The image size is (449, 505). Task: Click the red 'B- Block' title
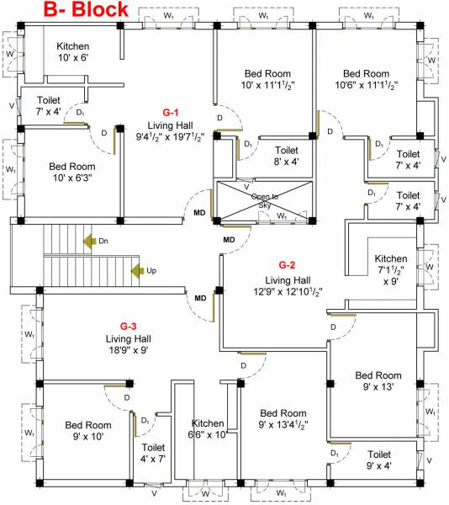(75, 11)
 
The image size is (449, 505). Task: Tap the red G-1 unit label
(172, 112)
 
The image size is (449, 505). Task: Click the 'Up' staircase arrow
(136, 270)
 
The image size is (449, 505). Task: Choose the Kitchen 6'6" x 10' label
(208, 429)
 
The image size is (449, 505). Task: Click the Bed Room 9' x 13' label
(379, 381)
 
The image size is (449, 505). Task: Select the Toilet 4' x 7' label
(153, 454)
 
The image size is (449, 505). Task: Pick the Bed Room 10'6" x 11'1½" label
(366, 79)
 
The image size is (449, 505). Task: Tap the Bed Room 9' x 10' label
(87, 431)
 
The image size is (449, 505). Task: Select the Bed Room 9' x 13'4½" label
(283, 420)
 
